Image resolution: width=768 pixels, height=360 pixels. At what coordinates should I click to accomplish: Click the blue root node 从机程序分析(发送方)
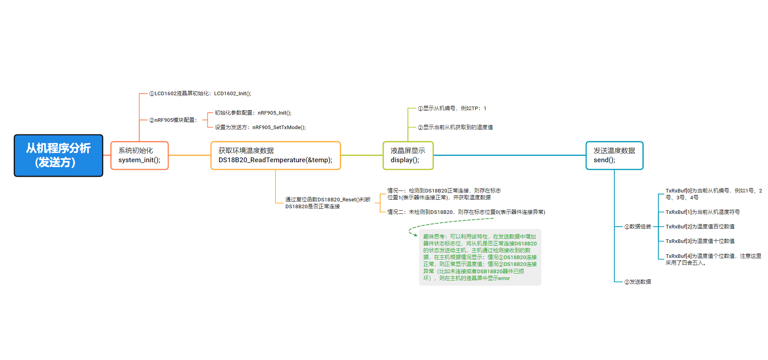click(x=58, y=155)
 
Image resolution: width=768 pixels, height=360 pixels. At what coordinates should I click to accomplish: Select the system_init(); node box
click(x=139, y=155)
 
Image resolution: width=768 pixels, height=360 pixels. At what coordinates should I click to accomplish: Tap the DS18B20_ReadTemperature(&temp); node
click(x=275, y=155)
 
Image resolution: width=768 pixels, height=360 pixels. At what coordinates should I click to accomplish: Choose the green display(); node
click(x=408, y=155)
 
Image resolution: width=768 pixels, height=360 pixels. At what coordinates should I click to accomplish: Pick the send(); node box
click(x=614, y=155)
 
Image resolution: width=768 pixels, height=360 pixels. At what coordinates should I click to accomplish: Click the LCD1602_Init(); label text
click(x=200, y=94)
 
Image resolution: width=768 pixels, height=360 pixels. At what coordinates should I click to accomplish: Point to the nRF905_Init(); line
click(x=253, y=113)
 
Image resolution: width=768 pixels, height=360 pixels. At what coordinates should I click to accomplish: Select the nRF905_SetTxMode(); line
click(x=260, y=128)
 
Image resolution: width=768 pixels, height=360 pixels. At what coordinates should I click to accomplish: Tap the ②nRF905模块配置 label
click(x=173, y=120)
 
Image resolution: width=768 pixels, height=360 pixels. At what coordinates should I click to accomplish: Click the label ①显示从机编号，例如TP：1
click(x=452, y=109)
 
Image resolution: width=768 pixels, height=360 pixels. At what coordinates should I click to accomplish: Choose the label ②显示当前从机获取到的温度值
click(x=455, y=128)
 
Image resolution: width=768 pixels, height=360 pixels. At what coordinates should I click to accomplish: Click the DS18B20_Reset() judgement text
click(x=328, y=203)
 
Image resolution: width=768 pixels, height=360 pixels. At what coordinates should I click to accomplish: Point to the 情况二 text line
click(x=466, y=212)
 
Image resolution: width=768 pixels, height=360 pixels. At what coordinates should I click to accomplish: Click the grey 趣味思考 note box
click(x=480, y=257)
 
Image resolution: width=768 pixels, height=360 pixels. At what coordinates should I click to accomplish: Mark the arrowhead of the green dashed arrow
click(x=415, y=235)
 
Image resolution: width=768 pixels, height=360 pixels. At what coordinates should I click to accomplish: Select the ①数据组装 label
click(x=638, y=227)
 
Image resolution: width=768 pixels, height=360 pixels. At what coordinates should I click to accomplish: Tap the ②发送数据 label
click(x=638, y=282)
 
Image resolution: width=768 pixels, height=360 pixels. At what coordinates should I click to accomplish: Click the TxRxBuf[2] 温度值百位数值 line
click(x=700, y=227)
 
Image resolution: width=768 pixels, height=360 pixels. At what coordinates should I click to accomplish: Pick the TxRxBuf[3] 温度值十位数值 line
click(x=700, y=241)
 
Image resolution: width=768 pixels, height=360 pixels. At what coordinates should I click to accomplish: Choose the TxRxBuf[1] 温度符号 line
click(x=702, y=212)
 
